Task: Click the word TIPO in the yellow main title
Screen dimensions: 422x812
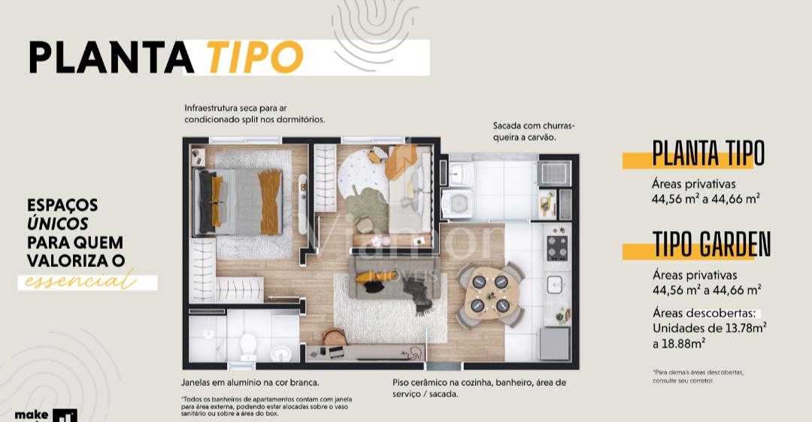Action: pos(253,56)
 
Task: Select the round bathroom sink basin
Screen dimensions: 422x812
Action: pos(282,353)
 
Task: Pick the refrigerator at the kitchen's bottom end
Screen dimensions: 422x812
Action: pos(555,343)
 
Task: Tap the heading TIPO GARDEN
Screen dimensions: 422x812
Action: pos(711,244)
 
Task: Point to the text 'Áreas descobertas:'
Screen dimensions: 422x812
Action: pos(706,313)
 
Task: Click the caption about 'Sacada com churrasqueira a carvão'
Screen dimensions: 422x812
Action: pos(538,131)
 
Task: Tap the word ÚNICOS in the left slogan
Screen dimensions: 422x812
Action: pos(58,223)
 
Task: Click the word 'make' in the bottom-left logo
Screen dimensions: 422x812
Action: pos(32,415)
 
